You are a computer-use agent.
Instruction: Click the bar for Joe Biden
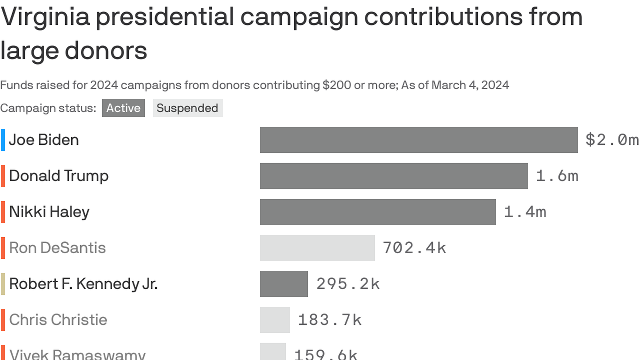[x=418, y=140]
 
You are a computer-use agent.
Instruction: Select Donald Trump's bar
[x=394, y=176]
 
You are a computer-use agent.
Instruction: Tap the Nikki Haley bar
[x=378, y=212]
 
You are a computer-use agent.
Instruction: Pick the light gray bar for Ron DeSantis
[x=317, y=248]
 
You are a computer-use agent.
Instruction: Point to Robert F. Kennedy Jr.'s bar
[x=284, y=284]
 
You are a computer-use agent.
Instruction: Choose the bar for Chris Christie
[x=275, y=320]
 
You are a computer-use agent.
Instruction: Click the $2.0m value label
[x=612, y=140]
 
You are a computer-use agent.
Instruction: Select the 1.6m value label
[x=557, y=176]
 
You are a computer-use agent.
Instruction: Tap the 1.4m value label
[x=525, y=212]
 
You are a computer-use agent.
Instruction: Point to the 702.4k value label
[x=414, y=248]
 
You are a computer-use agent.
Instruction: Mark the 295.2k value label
[x=348, y=284]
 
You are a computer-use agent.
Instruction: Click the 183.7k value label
[x=330, y=320]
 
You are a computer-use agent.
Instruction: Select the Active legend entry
[x=123, y=108]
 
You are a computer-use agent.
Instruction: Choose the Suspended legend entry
[x=187, y=108]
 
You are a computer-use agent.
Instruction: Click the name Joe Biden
[x=44, y=140]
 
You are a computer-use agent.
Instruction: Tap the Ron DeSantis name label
[x=58, y=248]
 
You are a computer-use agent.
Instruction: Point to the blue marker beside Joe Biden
[x=3, y=140]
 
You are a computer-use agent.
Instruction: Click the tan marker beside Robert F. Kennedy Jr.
[x=3, y=284]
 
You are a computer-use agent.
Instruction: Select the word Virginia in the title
[x=45, y=17]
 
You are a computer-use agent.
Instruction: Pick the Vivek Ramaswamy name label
[x=77, y=354]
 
